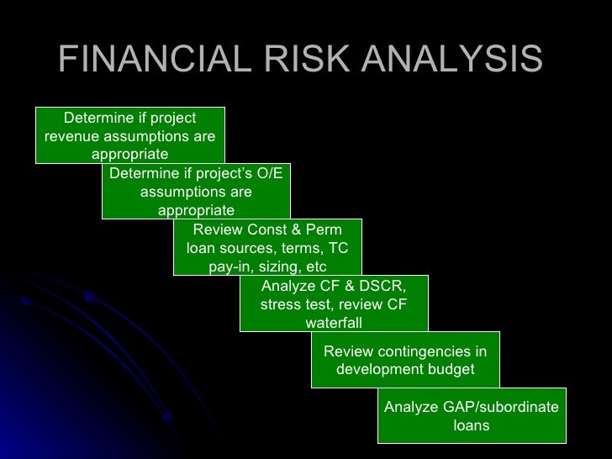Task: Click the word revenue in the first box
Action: tap(71, 136)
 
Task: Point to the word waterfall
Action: tap(334, 323)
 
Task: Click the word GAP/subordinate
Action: tap(471, 407)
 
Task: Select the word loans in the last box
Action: tap(471, 425)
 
